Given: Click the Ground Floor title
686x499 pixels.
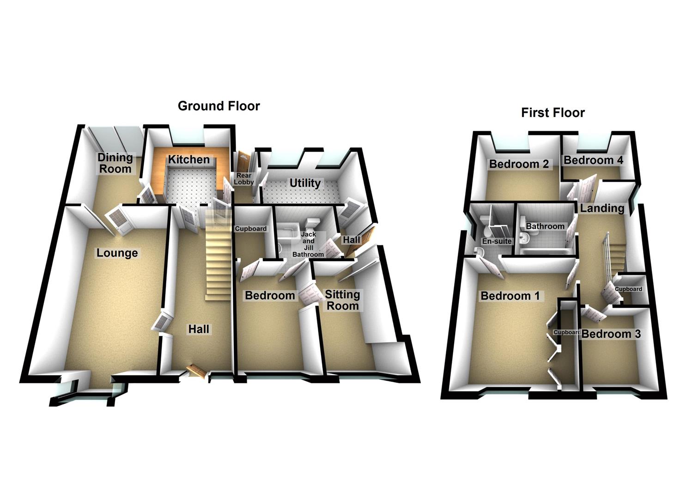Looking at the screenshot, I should pos(219,106).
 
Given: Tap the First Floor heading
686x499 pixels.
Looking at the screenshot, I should pos(552,113).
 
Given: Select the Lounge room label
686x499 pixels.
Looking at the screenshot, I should pos(117,253).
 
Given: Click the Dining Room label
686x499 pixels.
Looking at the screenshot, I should pos(115,163).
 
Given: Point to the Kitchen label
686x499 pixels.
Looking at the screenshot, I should pos(188,160).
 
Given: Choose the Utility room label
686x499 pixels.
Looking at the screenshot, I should pos(305,183).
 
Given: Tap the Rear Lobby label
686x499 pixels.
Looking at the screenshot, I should pos(244,179).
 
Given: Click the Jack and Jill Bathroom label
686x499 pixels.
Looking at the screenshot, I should pos(308,244).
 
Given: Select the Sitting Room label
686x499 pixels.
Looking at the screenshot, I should pos(342,300).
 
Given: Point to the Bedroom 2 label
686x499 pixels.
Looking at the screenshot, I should pos(519,164).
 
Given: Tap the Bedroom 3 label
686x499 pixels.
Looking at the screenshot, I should pos(611,334).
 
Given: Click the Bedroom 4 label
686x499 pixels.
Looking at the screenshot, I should pos(593,160).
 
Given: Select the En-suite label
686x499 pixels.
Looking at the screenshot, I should pos(497,241).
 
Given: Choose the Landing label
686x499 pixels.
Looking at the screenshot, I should pos(602,208).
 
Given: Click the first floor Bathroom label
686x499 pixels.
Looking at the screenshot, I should pos(545,226).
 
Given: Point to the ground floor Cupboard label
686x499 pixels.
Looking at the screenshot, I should pos(251,229).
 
